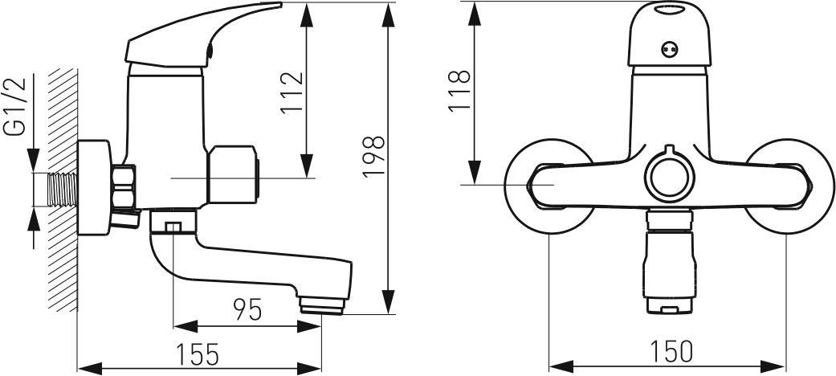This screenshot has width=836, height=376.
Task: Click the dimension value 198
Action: click(373, 157)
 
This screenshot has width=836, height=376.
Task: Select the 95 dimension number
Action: click(248, 310)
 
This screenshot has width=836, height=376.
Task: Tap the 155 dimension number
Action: click(198, 354)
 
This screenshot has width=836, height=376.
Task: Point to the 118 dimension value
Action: click(459, 90)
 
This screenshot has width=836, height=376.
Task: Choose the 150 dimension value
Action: click(671, 351)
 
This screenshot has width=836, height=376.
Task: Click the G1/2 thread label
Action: click(15, 106)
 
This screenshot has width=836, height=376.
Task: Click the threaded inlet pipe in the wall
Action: click(63, 190)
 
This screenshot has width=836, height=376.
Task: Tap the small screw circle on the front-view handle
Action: click(670, 49)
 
